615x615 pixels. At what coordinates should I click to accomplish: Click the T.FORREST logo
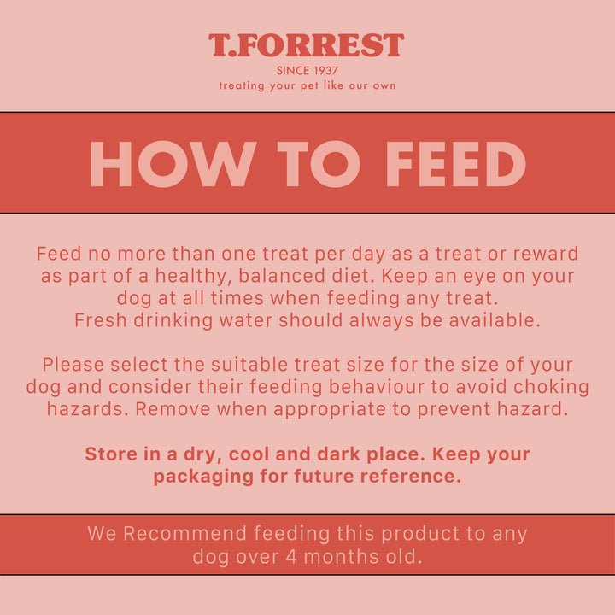tap(307, 45)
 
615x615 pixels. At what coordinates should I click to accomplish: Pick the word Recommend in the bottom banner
tap(184, 535)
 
